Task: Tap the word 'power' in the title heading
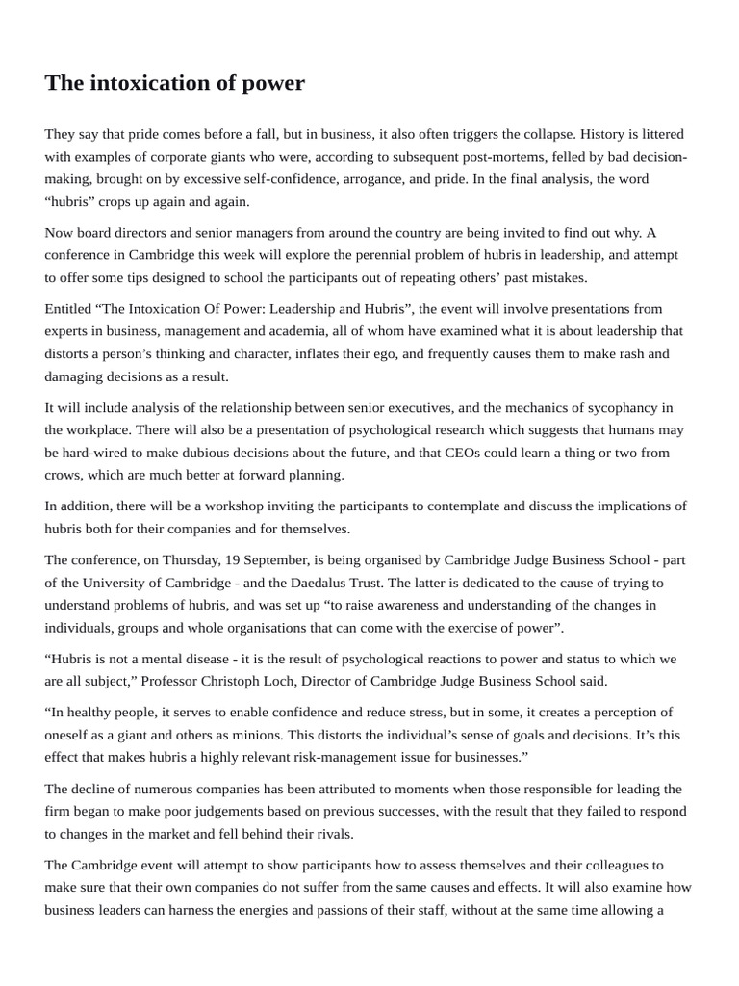pos(276,83)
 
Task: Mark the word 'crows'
pos(64,476)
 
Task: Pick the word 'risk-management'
pos(332,758)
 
